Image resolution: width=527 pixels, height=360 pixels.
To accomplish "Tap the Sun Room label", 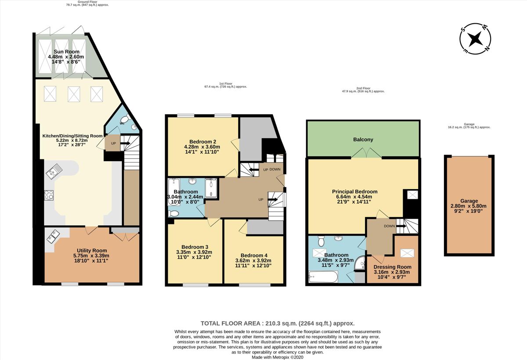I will [x=64, y=52].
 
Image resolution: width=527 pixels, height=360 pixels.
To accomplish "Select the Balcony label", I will [x=363, y=140].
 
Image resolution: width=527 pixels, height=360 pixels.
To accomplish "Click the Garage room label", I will [x=469, y=201].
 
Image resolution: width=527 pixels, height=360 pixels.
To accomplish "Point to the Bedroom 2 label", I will [x=202, y=141].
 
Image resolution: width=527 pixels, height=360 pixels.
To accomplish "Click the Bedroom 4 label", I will [x=254, y=255].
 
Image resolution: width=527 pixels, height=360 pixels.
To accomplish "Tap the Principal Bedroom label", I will [x=354, y=192].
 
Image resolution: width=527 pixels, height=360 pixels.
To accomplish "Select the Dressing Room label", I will [x=392, y=267].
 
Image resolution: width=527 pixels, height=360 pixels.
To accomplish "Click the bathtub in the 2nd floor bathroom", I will [x=323, y=277].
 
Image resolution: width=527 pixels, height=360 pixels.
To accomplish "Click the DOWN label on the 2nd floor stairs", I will [x=389, y=226].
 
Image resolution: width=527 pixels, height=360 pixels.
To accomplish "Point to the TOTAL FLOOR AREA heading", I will [x=277, y=323].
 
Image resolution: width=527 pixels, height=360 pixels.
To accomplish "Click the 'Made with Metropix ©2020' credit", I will [x=277, y=357].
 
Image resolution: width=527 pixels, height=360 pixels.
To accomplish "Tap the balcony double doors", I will [x=367, y=153].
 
